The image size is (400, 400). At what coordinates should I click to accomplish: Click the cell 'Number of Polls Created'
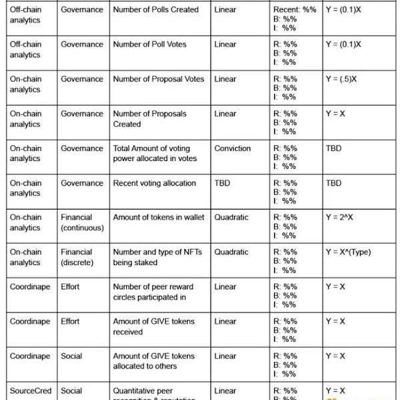tap(155, 10)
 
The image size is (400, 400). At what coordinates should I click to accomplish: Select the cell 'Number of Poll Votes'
tap(149, 45)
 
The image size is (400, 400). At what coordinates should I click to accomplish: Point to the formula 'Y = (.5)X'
tap(341, 79)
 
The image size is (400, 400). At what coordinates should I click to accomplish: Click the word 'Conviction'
tap(233, 148)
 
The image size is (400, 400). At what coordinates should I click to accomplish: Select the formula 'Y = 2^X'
tap(341, 218)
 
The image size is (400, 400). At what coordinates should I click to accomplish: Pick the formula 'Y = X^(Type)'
tap(348, 252)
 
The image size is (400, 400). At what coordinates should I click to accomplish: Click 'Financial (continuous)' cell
tap(82, 222)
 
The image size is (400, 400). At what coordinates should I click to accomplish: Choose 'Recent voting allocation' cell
tap(155, 183)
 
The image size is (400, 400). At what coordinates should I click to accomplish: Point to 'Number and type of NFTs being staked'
tap(157, 257)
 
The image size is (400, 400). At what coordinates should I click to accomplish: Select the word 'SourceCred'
tap(30, 391)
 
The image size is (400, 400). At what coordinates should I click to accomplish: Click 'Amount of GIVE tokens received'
tap(153, 327)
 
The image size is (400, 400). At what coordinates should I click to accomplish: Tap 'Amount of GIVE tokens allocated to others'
tap(153, 361)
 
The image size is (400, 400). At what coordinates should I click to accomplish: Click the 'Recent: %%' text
tap(295, 10)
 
